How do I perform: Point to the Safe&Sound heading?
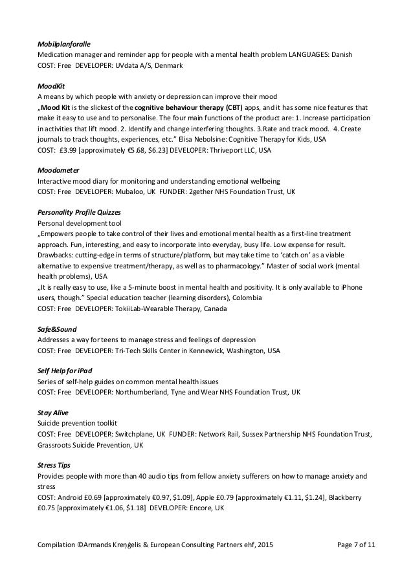[x=55, y=328]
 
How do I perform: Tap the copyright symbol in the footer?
[x=82, y=563]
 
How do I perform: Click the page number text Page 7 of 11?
[x=357, y=563]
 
